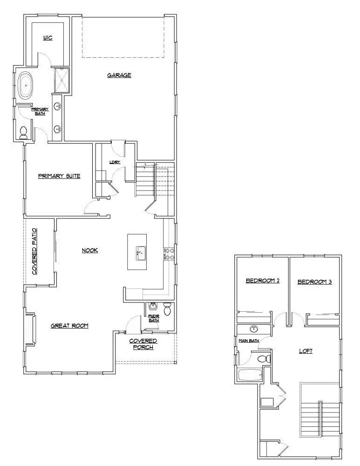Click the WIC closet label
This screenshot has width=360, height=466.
point(47,38)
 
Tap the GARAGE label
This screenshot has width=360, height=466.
point(119,75)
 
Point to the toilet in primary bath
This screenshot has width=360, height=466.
point(24,132)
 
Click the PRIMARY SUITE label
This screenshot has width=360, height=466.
point(59,176)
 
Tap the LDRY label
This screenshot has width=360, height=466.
point(115,162)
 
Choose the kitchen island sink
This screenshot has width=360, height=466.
point(139,254)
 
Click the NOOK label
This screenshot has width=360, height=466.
point(90,250)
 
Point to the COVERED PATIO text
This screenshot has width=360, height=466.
point(34,252)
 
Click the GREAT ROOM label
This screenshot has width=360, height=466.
point(69,326)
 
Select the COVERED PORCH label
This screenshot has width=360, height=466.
point(143,344)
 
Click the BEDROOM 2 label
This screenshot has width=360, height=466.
point(262,281)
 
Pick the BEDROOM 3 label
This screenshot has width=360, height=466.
point(314,281)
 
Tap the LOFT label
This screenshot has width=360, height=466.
point(306,351)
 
